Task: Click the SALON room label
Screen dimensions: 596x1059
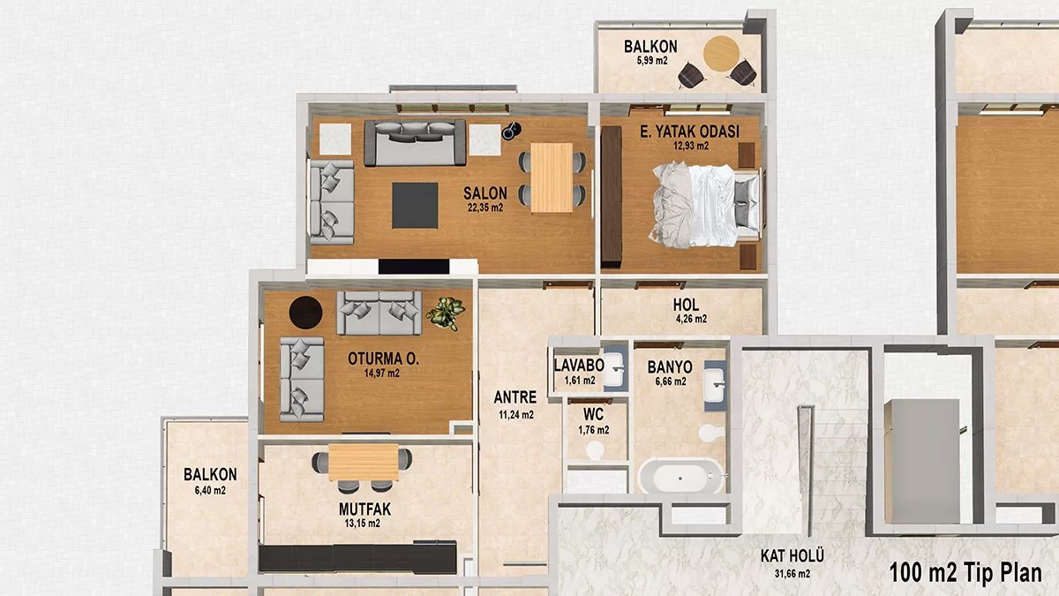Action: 484,193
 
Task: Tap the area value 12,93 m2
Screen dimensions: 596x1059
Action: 690,147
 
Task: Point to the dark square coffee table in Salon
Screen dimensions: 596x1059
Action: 415,204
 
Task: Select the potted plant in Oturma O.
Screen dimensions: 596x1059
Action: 445,313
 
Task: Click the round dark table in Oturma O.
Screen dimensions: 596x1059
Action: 307,312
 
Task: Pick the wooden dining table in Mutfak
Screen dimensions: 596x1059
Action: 364,461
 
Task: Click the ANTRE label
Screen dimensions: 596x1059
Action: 515,398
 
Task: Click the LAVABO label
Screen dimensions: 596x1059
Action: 579,366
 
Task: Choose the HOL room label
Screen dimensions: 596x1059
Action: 685,306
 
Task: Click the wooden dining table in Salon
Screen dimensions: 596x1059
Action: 552,177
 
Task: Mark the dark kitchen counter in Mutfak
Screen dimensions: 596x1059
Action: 358,557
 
